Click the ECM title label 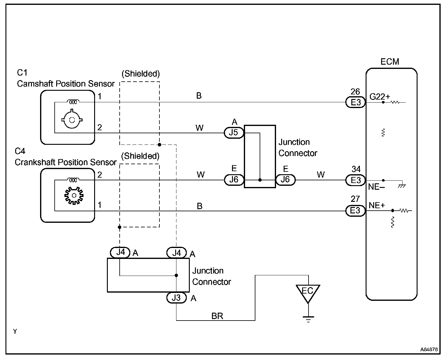(390, 62)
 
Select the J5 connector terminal (234, 133)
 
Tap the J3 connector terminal (176, 298)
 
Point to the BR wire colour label (217, 316)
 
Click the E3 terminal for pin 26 (355, 102)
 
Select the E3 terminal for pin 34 (355, 180)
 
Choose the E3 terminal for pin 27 (355, 211)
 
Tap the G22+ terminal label (380, 97)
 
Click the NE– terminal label (377, 187)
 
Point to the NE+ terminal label (377, 205)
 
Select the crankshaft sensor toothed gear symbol (74, 195)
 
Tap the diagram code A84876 (429, 349)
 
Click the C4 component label (20, 151)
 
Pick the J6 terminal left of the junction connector (234, 180)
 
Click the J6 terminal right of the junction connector (285, 180)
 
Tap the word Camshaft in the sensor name (35, 84)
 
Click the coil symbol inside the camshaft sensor (73, 101)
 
